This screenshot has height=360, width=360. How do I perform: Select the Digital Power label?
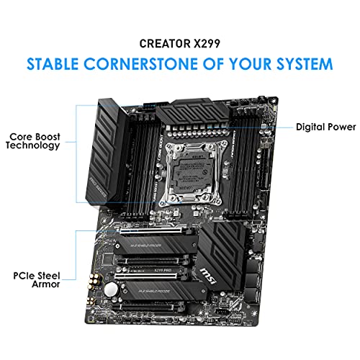point(325,127)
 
